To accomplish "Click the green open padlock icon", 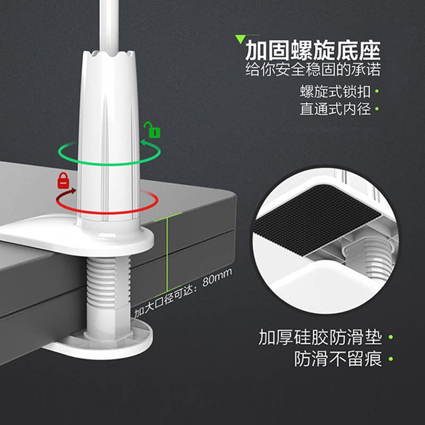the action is [152, 130].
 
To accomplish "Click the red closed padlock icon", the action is [63, 180].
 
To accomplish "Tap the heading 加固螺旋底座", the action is [313, 50].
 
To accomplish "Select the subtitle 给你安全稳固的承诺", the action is [313, 70].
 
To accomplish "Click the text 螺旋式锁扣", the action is [335, 91].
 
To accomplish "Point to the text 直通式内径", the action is [335, 109].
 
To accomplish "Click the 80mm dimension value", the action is [217, 277].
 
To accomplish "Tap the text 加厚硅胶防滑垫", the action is [320, 337].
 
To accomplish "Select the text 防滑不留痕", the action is [338, 359].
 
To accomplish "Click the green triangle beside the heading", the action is [240, 39].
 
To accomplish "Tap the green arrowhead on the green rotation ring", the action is [145, 142].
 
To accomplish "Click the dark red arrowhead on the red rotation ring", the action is [72, 191].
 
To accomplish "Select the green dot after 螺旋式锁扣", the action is [377, 91].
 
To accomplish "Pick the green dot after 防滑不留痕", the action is [390, 359].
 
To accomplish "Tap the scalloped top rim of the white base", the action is [108, 54].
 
